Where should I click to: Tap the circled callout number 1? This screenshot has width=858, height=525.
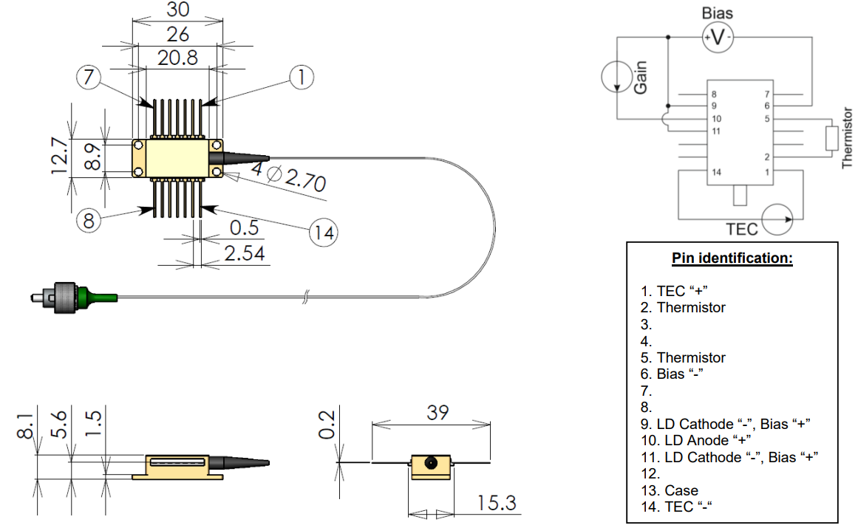(x=302, y=77)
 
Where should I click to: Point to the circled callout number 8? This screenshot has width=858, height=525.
(x=88, y=221)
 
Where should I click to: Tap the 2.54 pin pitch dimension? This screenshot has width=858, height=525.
(x=245, y=253)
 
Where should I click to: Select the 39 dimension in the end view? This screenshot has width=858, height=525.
(x=437, y=413)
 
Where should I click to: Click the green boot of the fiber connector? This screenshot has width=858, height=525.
(x=100, y=296)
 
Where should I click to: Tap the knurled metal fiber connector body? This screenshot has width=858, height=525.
(x=67, y=297)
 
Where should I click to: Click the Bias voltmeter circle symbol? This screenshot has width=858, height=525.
(x=716, y=37)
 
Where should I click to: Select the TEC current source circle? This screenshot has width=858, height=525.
(x=777, y=219)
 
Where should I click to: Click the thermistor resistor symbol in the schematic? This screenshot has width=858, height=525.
(x=832, y=138)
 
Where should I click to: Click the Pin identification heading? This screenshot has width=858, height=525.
(x=732, y=259)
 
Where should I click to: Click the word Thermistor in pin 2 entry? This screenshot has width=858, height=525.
(x=691, y=307)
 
